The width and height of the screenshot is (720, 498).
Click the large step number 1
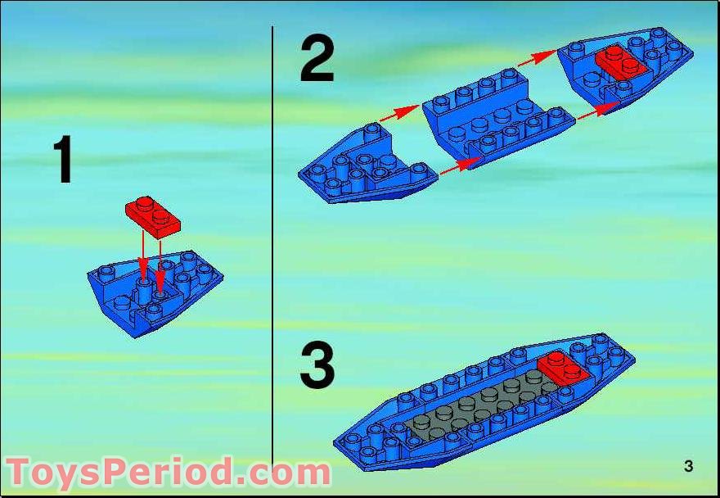click(63, 159)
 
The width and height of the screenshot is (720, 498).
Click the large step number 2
click(317, 60)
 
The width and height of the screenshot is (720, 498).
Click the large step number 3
click(317, 367)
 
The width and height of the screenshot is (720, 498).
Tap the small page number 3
click(688, 466)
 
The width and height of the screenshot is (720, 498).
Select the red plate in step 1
click(153, 218)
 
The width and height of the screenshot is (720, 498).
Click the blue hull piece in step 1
click(155, 292)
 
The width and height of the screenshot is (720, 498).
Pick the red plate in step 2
click(621, 63)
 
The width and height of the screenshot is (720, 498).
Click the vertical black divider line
click(272, 247)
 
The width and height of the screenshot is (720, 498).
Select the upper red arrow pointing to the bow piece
click(538, 58)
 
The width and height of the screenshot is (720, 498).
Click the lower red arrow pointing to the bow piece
click(598, 111)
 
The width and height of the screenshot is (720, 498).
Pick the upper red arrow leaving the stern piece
click(399, 113)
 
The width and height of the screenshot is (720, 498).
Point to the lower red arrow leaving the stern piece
click(461, 166)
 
